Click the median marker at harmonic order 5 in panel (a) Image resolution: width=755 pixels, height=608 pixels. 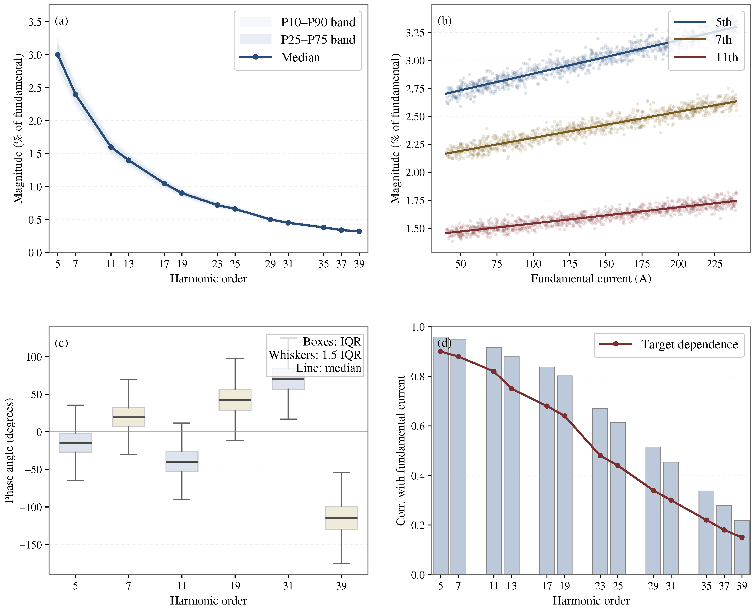pos(58,55)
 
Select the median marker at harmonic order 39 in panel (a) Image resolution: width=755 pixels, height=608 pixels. pos(359,231)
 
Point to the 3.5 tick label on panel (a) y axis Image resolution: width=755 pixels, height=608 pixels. pos(35,22)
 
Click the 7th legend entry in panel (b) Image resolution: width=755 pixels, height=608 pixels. pos(723,40)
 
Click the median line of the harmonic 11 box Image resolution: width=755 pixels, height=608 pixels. pos(182,462)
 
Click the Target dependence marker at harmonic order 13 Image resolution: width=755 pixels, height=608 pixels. pos(511,389)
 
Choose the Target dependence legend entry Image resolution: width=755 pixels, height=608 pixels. pos(689,344)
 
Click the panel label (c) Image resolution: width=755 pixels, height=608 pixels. pos(61,343)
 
